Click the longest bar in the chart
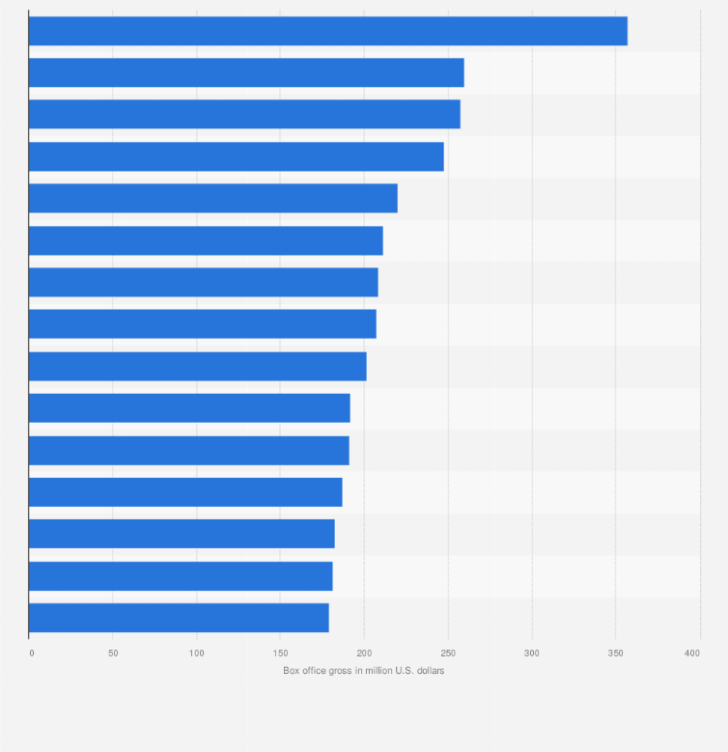point(327,31)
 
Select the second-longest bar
point(246,72)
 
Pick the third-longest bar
point(244,114)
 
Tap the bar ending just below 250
point(236,156)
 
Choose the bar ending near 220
point(212,198)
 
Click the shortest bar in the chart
point(179,618)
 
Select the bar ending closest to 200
point(197,367)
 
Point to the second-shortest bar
point(181,576)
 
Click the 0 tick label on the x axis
point(32,654)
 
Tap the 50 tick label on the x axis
point(113,654)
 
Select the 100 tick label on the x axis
point(197,654)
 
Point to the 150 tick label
point(280,654)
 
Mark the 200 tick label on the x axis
point(364,654)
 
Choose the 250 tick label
point(448,654)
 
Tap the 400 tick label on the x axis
point(692,654)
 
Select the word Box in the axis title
point(291,670)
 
